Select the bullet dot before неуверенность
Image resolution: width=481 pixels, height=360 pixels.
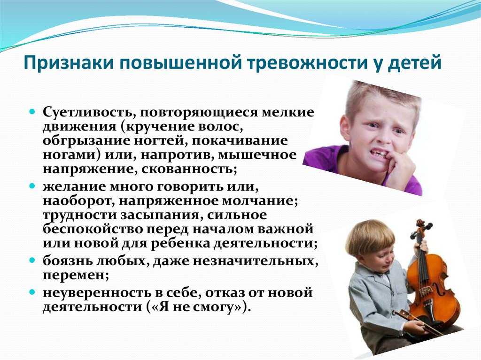(x=32, y=292)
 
